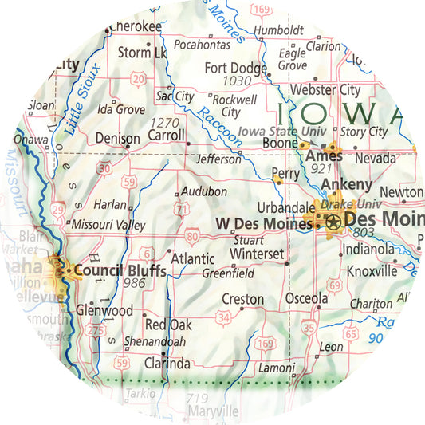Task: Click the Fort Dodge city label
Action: click(235, 68)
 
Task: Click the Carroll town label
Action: click(167, 136)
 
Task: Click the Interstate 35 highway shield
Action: click(309, 327)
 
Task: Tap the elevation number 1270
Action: click(164, 122)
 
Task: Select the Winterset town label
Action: click(256, 254)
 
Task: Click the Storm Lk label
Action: click(142, 53)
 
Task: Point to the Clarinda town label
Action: click(167, 364)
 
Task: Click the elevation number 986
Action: click(133, 284)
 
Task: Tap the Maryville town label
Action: click(211, 411)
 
